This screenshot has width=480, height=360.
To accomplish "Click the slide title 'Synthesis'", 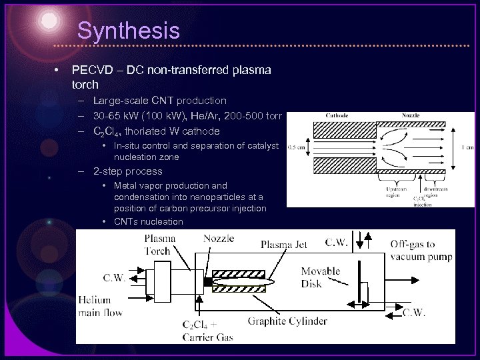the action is coord(128,31).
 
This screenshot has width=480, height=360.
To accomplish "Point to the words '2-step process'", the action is coord(127,171).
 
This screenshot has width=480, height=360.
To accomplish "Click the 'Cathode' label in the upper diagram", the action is coord(337,115).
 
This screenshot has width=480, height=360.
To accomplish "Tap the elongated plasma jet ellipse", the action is coord(254,283).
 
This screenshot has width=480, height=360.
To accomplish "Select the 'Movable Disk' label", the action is coord(320,277).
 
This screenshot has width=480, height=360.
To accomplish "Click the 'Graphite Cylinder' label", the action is coord(288,322).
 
